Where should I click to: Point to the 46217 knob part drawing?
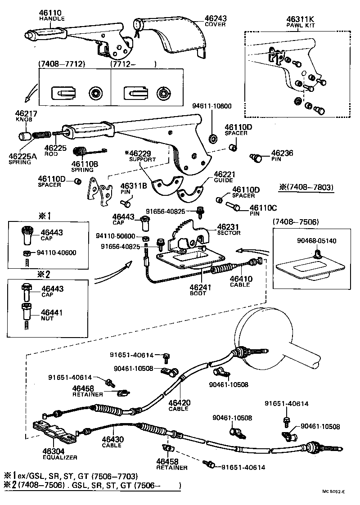click(23, 135)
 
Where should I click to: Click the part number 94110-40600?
click(56, 252)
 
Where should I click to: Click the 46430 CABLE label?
click(112, 442)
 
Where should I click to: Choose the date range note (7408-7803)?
click(306, 186)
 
